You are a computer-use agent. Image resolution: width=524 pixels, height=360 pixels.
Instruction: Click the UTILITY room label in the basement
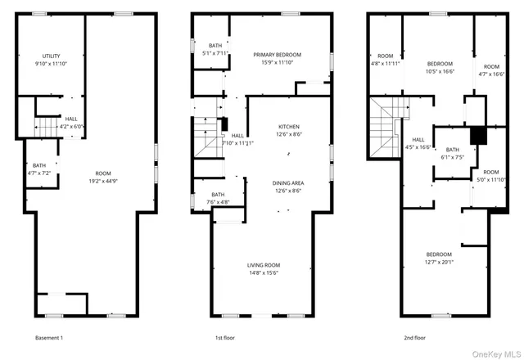pos(50,56)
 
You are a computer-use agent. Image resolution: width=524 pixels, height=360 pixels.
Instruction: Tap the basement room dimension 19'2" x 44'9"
pos(103,181)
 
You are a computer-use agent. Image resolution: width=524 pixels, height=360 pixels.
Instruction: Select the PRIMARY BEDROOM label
pos(277,55)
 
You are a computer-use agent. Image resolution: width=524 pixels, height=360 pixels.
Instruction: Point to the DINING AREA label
pos(287,182)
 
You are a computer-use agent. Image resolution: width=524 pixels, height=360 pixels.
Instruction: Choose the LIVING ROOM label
pos(264,265)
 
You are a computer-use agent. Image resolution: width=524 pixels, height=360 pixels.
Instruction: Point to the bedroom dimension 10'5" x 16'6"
pos(440,71)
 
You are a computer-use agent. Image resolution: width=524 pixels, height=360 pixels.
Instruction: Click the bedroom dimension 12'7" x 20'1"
pos(440,262)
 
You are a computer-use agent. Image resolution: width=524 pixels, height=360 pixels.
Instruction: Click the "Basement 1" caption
pos(48,337)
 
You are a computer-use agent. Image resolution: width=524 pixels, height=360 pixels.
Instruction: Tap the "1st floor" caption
pos(227,337)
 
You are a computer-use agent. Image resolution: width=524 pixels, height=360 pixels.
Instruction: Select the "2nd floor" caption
pos(414,337)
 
